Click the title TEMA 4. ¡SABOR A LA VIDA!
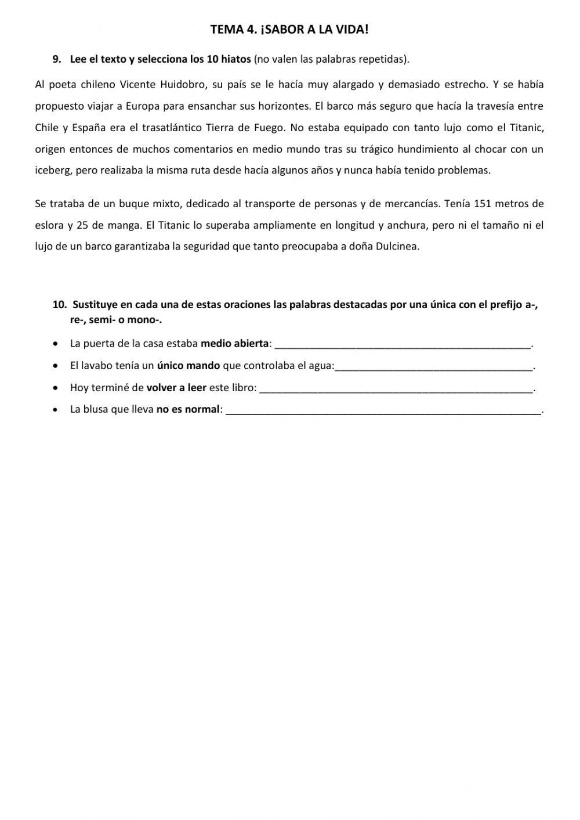[x=289, y=30]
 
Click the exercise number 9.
[x=56, y=59]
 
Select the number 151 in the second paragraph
[x=483, y=204]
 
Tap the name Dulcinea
[x=397, y=247]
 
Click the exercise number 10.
[x=60, y=305]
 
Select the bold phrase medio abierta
[x=234, y=344]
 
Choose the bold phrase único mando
[x=188, y=366]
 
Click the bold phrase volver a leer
[x=176, y=388]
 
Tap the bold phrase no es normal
[x=188, y=409]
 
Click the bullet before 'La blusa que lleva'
[x=55, y=410]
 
